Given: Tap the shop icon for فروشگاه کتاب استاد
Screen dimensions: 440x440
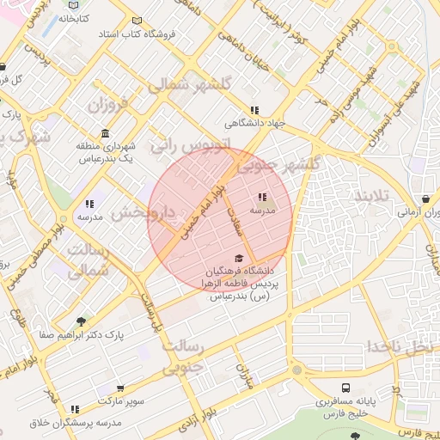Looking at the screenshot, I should point(137,21).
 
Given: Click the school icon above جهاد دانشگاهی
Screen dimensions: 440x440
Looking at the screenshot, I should point(254,110).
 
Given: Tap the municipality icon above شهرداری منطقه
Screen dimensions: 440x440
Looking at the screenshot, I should point(105,133).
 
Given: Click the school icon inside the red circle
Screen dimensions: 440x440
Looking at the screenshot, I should point(262,198).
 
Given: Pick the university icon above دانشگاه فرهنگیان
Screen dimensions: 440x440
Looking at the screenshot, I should point(239,258).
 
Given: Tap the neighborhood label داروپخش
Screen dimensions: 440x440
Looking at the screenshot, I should point(144,212).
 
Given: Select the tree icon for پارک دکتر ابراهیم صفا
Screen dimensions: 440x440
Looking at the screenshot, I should point(81,321).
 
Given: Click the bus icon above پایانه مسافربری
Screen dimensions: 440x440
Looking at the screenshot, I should point(345,388).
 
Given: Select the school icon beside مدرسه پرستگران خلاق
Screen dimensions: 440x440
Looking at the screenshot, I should point(76,409).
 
